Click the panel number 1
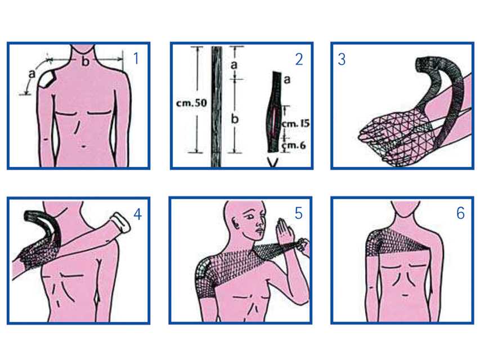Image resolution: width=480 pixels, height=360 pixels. pos(137,58)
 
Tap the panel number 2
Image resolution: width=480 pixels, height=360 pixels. pos(299,59)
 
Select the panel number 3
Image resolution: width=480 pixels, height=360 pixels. pos(342,59)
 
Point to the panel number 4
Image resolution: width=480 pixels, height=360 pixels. pos(137,214)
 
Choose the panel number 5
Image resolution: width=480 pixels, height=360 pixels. pos(298,213)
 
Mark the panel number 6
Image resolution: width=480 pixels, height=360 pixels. pos(460,213)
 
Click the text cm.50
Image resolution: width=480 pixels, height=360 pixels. pos(192,103)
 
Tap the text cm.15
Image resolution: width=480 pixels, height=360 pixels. pos(295,123)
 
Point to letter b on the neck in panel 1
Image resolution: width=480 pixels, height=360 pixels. pos(86,61)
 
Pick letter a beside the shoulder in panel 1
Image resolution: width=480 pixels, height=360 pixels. pos(32,74)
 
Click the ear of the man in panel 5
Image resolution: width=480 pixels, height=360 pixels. pos(236,223)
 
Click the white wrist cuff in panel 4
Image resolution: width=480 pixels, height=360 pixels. pos(120,222)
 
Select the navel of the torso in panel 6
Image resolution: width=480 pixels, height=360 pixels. pos(405,295)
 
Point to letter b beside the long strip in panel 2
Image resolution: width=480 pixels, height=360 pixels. pos(235,119)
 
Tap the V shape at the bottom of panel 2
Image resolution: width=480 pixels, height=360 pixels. pos(273,162)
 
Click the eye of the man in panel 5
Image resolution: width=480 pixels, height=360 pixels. pos(250,216)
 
